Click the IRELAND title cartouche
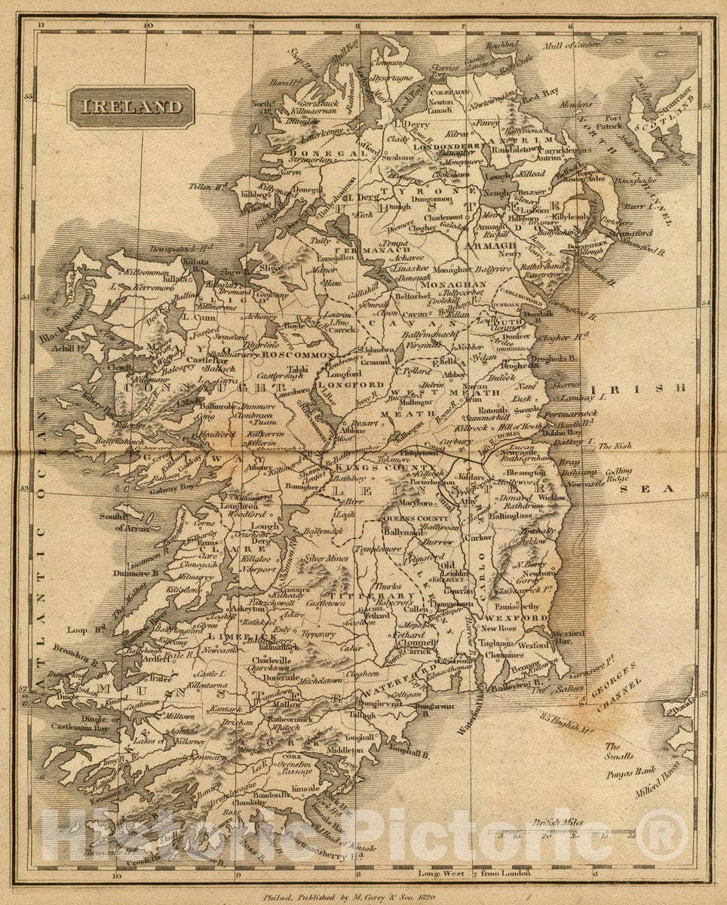(x=131, y=107)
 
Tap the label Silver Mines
(x=326, y=559)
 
